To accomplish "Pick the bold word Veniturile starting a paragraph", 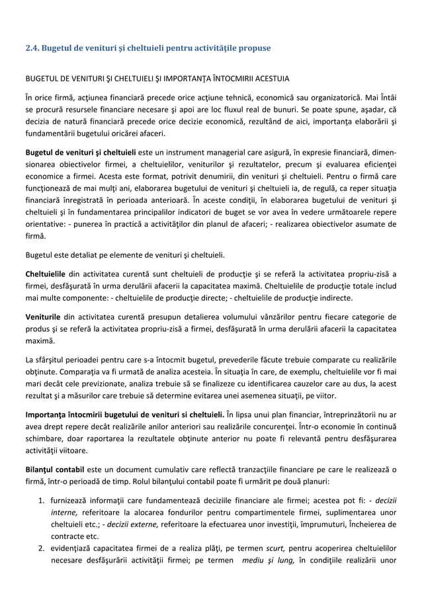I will point(43,316).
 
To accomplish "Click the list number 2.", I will point(40,548).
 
